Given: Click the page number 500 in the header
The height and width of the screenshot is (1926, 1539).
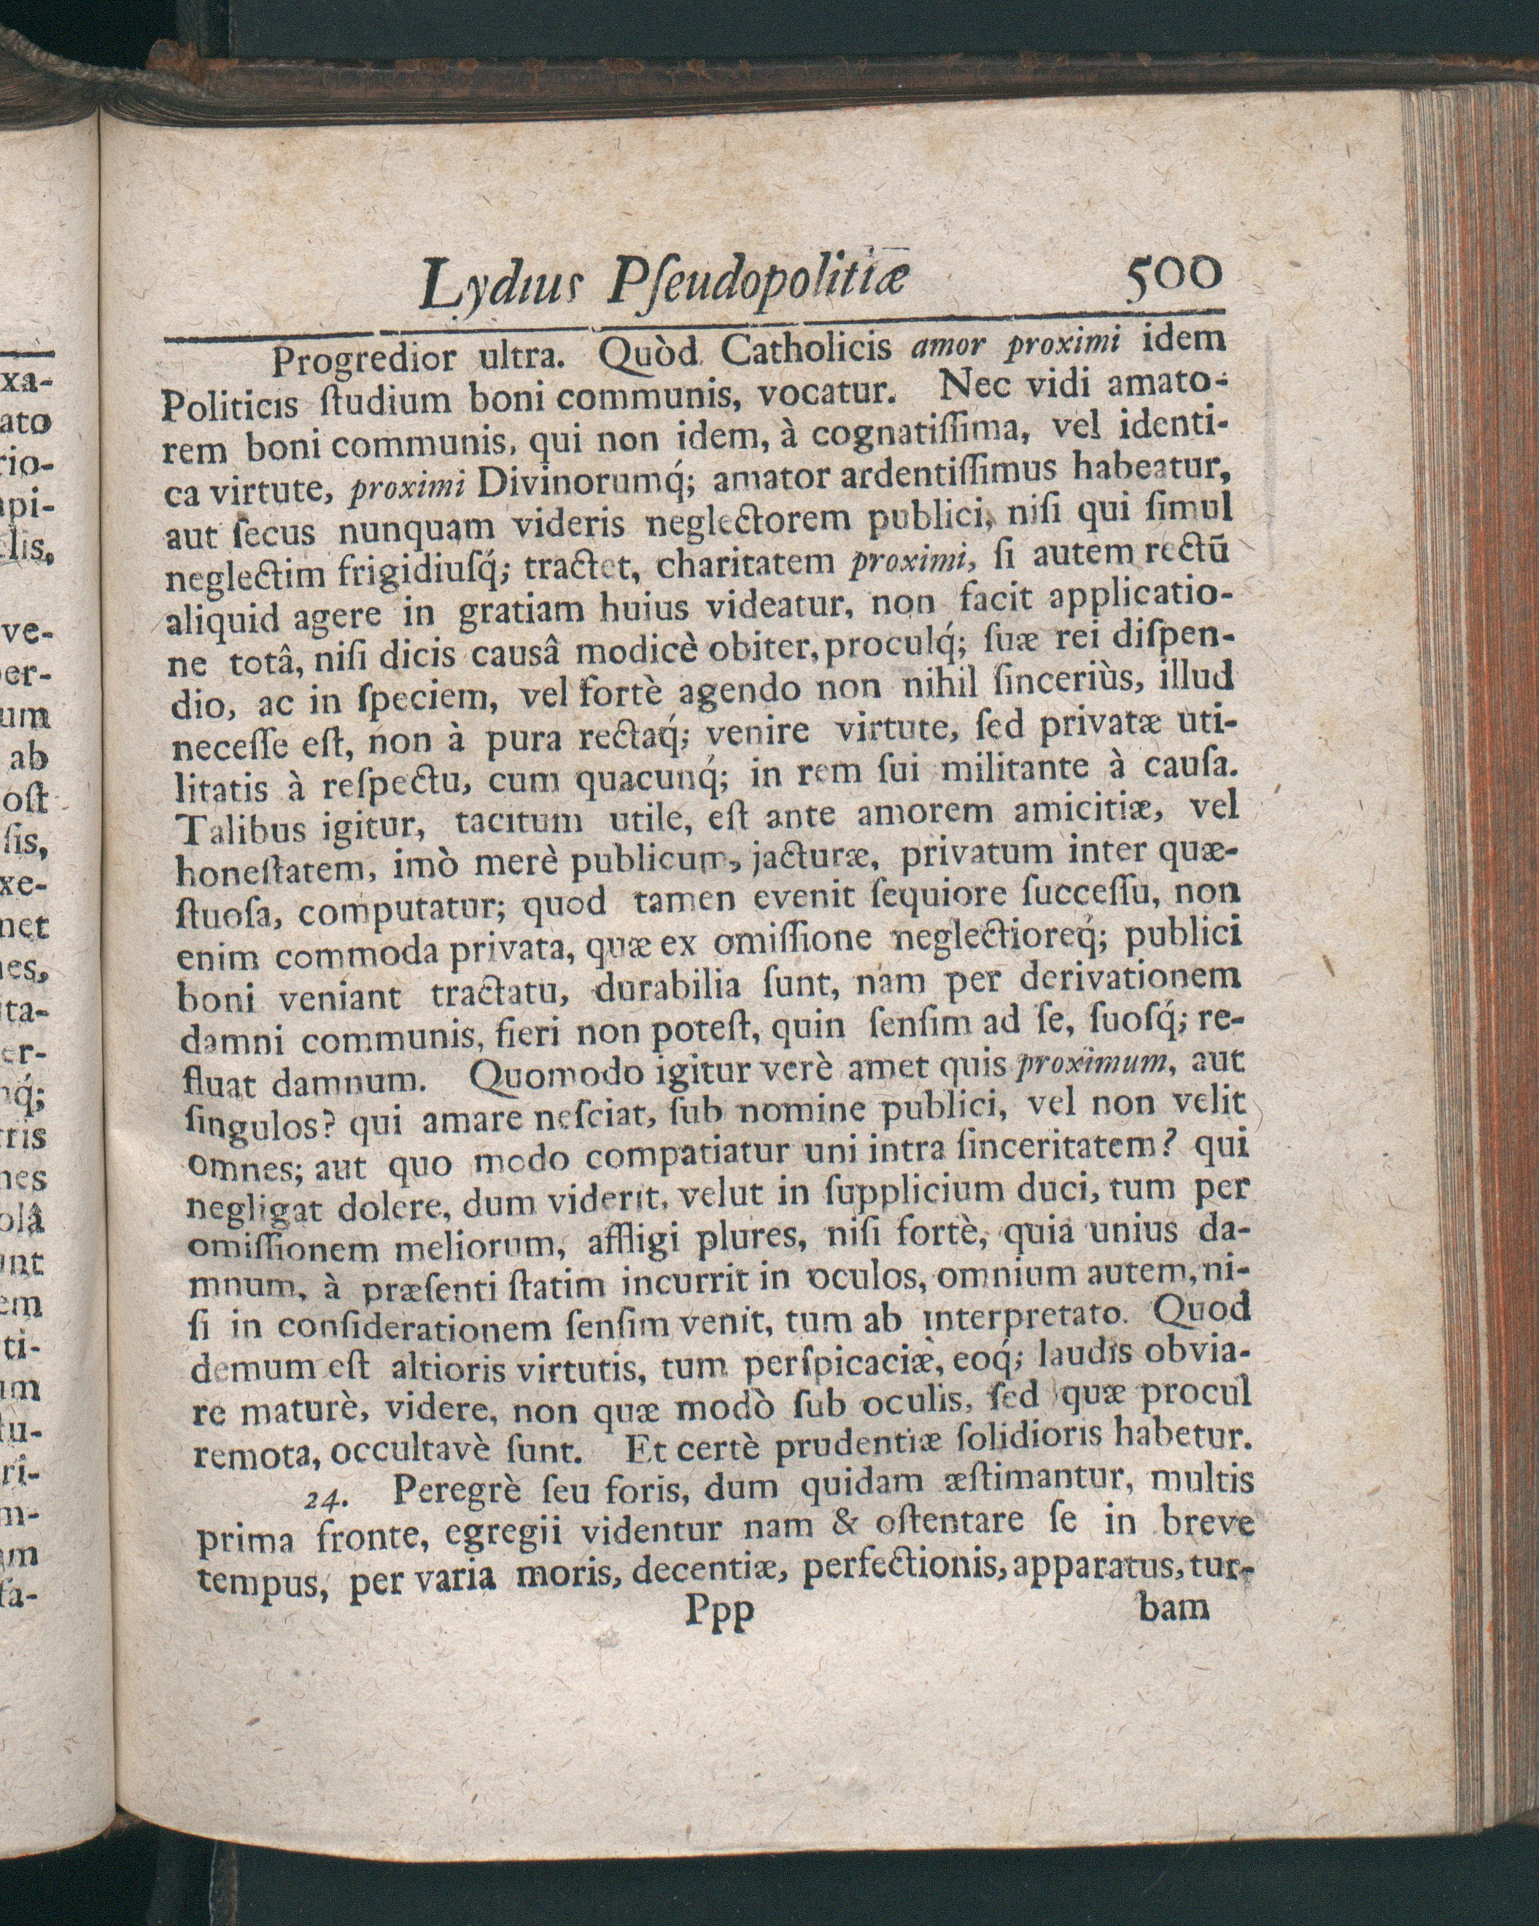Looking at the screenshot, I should click(1173, 272).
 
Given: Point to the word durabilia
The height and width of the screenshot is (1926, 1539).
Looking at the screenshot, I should click(667, 988).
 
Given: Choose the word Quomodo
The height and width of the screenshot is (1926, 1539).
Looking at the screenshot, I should click(544, 1072).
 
